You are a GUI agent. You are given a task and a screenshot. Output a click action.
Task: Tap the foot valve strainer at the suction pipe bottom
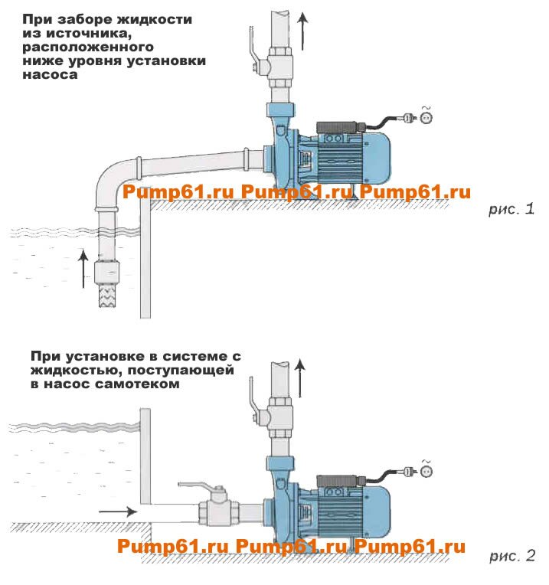[x=111, y=294]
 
